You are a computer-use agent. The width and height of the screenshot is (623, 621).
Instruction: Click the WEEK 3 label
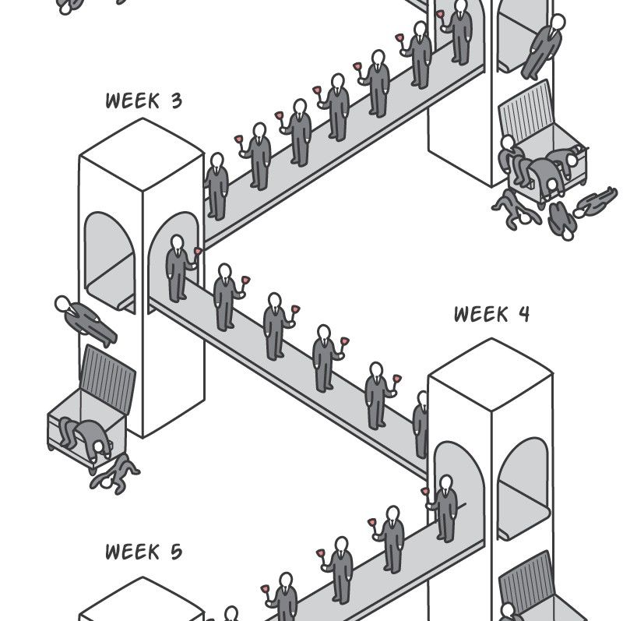(x=143, y=101)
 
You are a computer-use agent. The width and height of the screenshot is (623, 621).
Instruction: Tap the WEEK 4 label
(x=492, y=314)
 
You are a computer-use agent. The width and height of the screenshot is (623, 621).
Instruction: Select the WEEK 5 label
(x=143, y=552)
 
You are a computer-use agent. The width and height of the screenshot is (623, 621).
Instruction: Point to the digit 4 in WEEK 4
(x=523, y=314)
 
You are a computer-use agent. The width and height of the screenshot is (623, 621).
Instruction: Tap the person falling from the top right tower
(x=545, y=45)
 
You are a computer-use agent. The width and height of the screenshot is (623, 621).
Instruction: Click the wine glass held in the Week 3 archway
(x=198, y=252)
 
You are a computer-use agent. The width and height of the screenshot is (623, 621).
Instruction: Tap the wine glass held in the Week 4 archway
(x=425, y=492)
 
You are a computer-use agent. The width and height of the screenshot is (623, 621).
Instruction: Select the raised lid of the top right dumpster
(x=529, y=120)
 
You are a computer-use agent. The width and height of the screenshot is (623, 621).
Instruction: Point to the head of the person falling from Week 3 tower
(x=62, y=303)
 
